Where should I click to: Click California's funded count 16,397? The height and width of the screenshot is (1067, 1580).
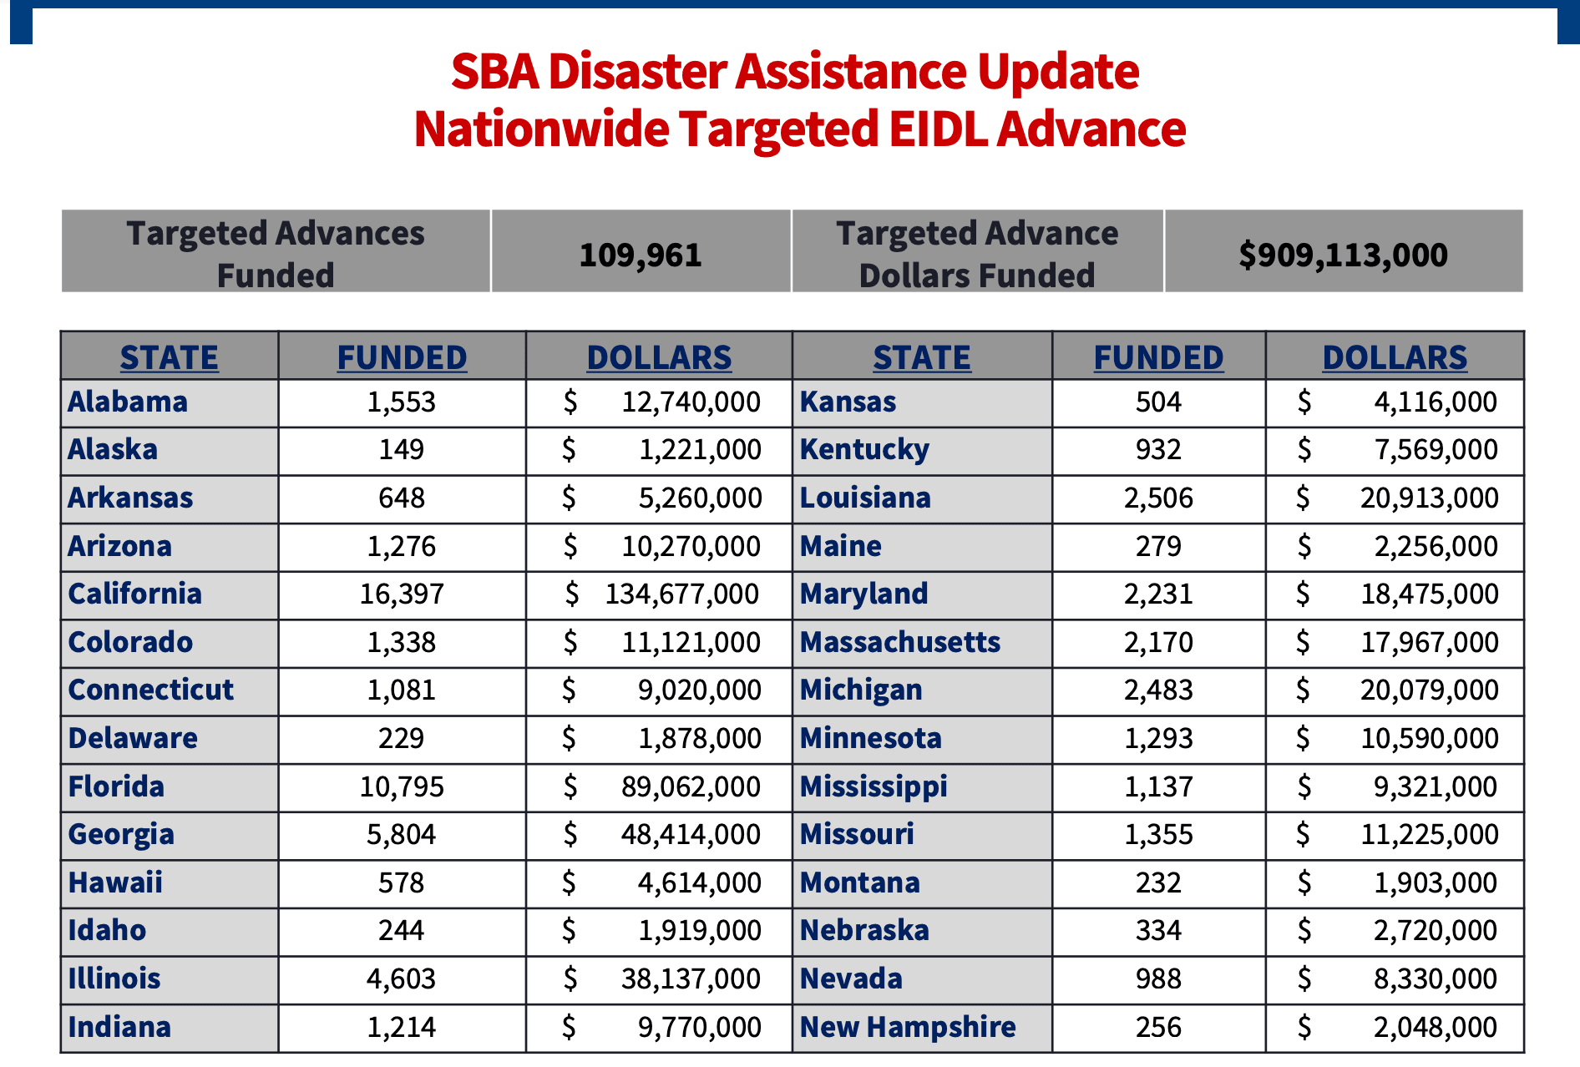click(402, 594)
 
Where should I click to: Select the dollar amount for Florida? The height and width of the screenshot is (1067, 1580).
click(691, 786)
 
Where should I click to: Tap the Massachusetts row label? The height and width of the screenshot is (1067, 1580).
click(899, 642)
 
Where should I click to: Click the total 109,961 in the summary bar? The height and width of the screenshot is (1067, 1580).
click(641, 255)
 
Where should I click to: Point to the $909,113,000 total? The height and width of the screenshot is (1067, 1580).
click(1343, 255)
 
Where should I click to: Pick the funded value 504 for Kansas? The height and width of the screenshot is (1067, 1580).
click(1158, 402)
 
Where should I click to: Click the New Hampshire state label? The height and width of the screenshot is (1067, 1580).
click(908, 1027)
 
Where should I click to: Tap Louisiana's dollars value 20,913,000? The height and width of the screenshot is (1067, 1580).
click(1429, 498)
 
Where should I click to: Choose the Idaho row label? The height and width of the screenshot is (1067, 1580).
click(107, 930)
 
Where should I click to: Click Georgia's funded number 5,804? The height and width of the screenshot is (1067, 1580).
click(402, 835)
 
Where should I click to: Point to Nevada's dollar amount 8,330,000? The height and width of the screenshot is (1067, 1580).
click(1436, 979)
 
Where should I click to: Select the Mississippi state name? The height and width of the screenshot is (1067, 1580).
click(874, 786)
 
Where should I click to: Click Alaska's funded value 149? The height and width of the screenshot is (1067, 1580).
click(402, 450)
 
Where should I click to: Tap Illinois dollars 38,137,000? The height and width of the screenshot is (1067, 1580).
click(691, 979)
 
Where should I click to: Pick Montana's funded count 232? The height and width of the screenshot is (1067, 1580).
click(1158, 882)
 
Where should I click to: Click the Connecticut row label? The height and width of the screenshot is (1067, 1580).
click(150, 690)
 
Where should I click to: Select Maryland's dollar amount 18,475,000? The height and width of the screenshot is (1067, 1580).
click(1429, 594)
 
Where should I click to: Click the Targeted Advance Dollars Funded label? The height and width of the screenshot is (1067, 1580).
click(977, 254)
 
